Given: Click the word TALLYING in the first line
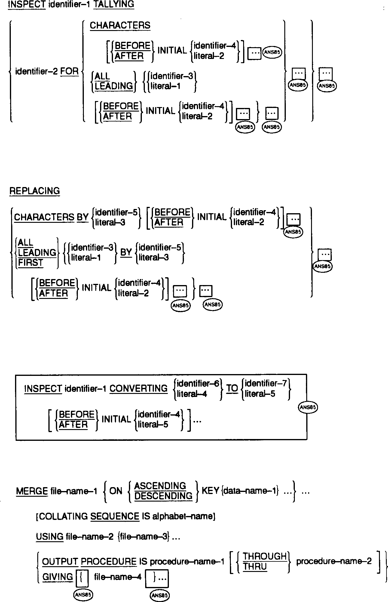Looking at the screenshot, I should pos(114,5).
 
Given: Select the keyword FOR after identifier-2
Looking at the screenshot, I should pos(69,72).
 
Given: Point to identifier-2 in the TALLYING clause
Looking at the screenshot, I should pos(36,72).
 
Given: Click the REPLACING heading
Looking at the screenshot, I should pos(35,191).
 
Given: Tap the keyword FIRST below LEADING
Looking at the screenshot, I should pos(30,263).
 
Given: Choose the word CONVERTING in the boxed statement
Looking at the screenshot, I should pos(138,389).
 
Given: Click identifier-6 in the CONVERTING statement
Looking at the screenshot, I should pos(198,384).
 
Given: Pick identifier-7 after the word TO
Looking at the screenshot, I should pos(266,383).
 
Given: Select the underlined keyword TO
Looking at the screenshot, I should pos(232,389).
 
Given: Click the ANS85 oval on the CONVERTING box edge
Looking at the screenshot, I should pos(307,407).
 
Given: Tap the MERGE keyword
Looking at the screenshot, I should pos(32,491).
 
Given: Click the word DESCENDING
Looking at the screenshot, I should pos(163,496).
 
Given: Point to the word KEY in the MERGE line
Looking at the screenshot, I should pos(210,491).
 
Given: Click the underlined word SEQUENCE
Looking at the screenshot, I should pos(115,517).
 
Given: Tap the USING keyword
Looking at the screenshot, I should pos(50,536).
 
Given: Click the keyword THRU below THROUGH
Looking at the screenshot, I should pos(255,567).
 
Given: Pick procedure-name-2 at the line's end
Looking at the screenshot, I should pos(334,561).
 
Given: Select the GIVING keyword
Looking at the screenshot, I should pos(58,577).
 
